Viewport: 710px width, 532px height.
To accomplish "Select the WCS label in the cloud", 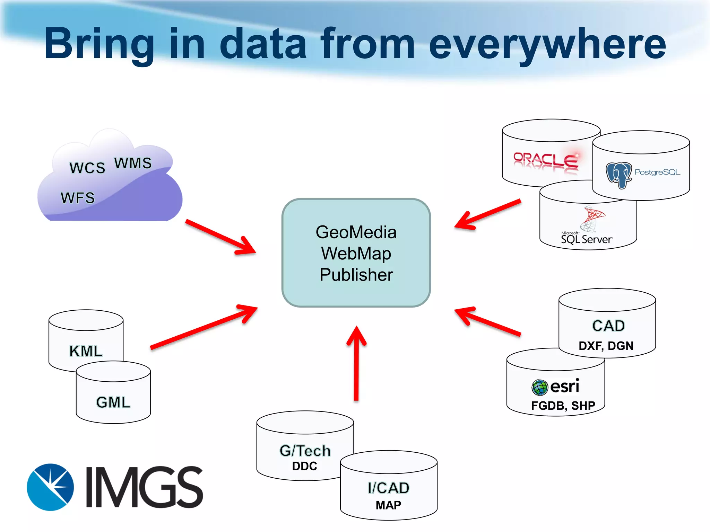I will click(x=87, y=168).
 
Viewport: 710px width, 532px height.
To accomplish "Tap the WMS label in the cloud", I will click(x=133, y=163).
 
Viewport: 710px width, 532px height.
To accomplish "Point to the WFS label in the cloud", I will click(x=78, y=198).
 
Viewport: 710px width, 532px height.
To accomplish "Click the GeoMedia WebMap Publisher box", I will click(x=356, y=253).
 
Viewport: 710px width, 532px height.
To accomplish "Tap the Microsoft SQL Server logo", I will click(x=587, y=225).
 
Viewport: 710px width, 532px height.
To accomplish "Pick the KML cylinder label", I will click(x=86, y=351).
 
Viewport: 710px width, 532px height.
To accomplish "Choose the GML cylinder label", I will click(x=113, y=402).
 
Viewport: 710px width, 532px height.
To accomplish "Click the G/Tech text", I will click(x=305, y=451).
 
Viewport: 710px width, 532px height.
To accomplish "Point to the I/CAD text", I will click(x=389, y=488).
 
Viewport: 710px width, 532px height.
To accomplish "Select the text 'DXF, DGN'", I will click(x=606, y=346).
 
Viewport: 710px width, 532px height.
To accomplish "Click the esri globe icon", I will click(x=539, y=387).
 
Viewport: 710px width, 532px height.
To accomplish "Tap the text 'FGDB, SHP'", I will click(x=563, y=405).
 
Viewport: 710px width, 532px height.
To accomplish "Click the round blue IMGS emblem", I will click(x=50, y=487).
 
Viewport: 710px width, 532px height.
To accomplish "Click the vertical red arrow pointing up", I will click(x=356, y=364).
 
